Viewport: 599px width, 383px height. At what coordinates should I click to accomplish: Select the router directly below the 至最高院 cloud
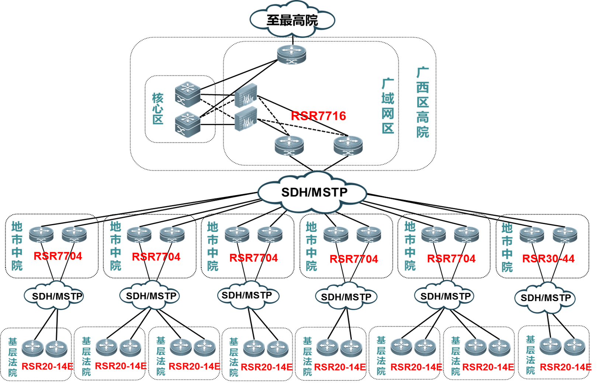coord(291,54)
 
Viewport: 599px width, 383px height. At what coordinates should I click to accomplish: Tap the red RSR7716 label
coord(318,116)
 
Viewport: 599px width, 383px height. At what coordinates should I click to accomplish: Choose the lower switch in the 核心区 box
coord(187,125)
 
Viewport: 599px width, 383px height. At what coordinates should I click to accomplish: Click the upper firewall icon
coord(246,95)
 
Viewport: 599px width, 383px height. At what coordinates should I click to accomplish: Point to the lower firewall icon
coord(246,119)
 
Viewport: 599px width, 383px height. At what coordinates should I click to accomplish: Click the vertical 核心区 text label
coord(158,109)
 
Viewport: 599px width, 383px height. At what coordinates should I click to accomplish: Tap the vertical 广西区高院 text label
coord(423,102)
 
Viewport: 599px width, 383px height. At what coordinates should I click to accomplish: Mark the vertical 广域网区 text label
coord(388,106)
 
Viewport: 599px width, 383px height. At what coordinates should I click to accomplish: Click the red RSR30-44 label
coord(548,258)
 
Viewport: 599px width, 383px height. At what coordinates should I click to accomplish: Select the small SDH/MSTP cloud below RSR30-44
coord(545,298)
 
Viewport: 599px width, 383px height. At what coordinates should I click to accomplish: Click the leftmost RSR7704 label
coord(58,256)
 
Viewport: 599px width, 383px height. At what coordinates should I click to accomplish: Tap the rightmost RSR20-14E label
coord(565,367)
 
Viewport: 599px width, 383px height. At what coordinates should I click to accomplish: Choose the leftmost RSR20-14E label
coord(47,366)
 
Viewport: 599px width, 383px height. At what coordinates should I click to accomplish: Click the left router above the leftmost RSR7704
coord(41,234)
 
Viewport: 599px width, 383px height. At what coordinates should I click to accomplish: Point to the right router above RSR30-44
coord(565,234)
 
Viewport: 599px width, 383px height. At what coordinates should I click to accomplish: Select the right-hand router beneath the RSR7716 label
coord(348,145)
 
